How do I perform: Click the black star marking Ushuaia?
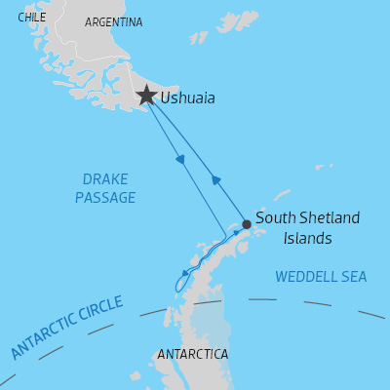[x=146, y=96]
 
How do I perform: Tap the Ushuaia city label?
[x=188, y=98]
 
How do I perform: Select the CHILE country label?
[x=31, y=18]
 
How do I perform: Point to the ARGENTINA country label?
[x=113, y=22]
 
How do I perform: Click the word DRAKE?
[x=105, y=179]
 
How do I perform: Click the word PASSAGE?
[x=105, y=198]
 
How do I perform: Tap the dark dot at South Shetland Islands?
[x=247, y=224]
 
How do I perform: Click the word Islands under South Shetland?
[x=307, y=238]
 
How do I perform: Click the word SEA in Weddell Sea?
[x=353, y=277]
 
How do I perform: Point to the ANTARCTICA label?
[x=192, y=354]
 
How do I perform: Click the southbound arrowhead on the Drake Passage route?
[x=180, y=160]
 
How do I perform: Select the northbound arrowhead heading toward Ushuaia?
[x=216, y=179]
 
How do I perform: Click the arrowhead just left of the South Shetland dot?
[x=235, y=233]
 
